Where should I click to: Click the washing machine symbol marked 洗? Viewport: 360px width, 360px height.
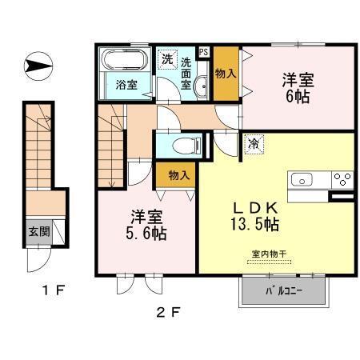(x=167, y=58)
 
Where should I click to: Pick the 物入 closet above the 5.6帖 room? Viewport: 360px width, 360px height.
(x=178, y=175)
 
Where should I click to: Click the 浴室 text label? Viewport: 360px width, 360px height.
(x=125, y=85)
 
